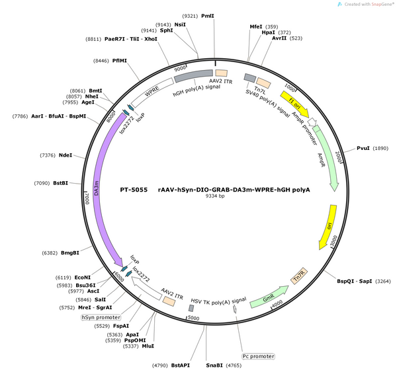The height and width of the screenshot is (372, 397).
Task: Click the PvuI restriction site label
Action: [x=363, y=148]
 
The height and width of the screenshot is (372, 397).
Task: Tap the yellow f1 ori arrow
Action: [x=294, y=104]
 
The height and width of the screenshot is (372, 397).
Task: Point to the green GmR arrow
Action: [x=269, y=297]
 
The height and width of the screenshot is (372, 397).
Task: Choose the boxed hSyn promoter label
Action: [x=101, y=317]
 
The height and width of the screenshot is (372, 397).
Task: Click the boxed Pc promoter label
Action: [x=258, y=356]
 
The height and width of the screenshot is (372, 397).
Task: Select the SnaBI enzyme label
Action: [x=214, y=365]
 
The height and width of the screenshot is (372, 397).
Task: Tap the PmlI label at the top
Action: [x=208, y=16]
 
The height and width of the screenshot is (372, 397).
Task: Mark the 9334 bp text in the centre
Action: [x=214, y=196]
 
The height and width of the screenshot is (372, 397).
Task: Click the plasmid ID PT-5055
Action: [x=134, y=190]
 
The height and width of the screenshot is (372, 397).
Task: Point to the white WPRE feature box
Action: [x=152, y=92]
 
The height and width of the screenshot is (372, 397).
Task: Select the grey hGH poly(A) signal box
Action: [x=193, y=75]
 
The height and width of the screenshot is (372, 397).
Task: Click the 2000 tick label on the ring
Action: [x=338, y=157]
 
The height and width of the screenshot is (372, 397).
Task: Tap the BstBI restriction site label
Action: [x=60, y=183]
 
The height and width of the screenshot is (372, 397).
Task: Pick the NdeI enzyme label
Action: [x=66, y=155]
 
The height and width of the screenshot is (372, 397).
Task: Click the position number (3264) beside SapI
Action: [x=382, y=281]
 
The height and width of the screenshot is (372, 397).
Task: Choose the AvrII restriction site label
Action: [x=279, y=38]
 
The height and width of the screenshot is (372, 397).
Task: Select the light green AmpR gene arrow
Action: [x=327, y=157]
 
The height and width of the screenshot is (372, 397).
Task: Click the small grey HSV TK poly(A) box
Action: [x=191, y=308]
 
